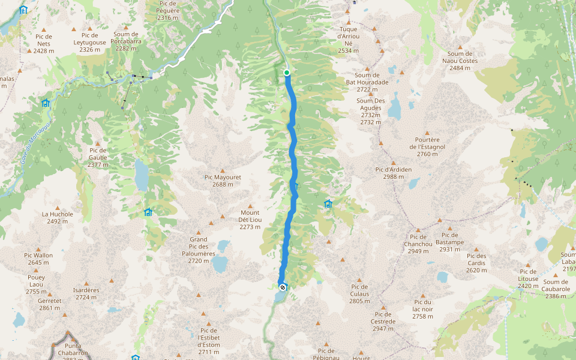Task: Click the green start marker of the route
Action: click(287, 73)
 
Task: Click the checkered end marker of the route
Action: click(283, 287)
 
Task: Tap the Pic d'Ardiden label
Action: click(394, 173)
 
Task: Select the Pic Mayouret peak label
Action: click(223, 181)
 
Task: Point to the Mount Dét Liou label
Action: click(250, 220)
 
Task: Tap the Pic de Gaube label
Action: click(98, 157)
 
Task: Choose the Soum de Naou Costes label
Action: click(460, 61)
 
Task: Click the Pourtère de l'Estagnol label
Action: click(427, 146)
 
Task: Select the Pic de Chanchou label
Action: click(418, 247)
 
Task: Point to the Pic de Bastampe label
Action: click(449, 242)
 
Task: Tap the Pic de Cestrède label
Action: click(383, 321)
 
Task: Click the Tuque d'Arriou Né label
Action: click(349, 40)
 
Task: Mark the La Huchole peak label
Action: click(58, 217)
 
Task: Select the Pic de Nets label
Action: click(44, 43)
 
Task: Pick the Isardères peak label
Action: click(86, 293)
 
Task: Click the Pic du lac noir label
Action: click(423, 309)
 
